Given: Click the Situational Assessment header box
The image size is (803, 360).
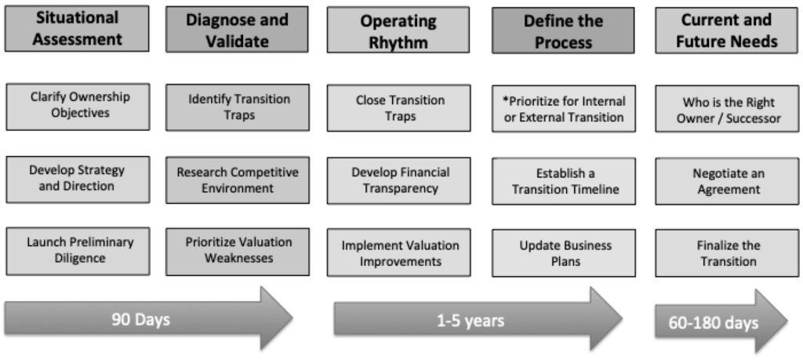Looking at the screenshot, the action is pos(77,29).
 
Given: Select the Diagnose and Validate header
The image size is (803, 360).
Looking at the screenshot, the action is pos(237,30).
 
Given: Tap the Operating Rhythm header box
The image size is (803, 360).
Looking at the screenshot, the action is pos(398,30).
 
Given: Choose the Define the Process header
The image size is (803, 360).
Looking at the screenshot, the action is pos(563,31).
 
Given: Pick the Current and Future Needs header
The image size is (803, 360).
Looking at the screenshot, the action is pos(726,31).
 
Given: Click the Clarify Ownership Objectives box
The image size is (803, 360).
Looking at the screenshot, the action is pos(78,107).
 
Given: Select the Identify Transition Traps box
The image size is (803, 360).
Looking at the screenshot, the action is pos(238,107).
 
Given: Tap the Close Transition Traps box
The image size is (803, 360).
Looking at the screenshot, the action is pos(398,108).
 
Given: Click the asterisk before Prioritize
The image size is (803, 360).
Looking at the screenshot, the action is pos(506,100).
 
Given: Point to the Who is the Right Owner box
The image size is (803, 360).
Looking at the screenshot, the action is pos(727,108).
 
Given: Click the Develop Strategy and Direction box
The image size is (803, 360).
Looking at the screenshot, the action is pos(78,180).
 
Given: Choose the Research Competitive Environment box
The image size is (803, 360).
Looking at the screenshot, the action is pos(238,180).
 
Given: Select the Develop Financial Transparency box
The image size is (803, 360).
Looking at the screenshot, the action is pos(398,180).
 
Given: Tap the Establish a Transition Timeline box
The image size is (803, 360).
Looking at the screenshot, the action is pos(564,180).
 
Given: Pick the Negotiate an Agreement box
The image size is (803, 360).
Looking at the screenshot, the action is pos(727,180).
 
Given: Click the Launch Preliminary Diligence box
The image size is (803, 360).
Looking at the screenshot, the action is pos(78,251).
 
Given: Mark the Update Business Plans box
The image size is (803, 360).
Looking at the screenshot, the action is pos(564,253).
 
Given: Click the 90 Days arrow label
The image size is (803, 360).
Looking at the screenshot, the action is pos(141,319).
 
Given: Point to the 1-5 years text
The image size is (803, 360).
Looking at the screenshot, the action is pos(471,321).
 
